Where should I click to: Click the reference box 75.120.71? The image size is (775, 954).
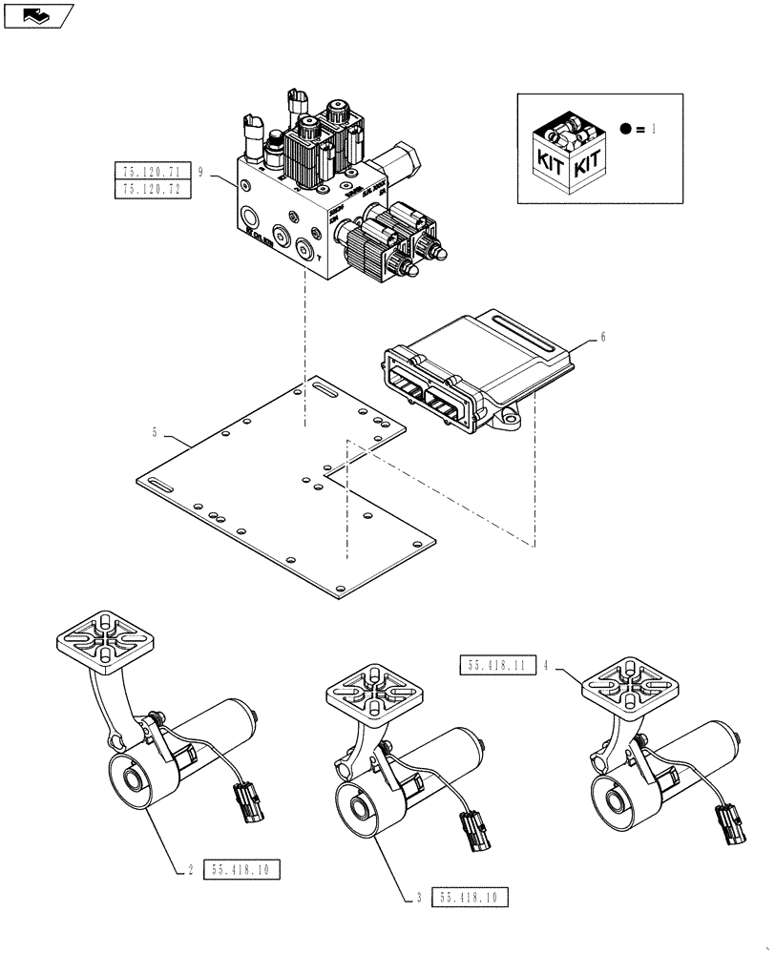(x=153, y=172)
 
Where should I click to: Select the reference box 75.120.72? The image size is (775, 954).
(x=153, y=189)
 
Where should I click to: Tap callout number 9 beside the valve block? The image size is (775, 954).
(x=202, y=172)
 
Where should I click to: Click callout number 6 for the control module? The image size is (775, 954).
(x=602, y=337)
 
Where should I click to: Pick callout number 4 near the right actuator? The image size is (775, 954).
(x=545, y=667)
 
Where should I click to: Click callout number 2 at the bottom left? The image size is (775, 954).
(x=191, y=869)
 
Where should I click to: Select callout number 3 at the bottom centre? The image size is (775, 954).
(x=419, y=897)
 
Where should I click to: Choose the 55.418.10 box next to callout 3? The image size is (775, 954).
(x=471, y=897)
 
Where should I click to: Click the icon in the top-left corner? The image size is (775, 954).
(x=38, y=14)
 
